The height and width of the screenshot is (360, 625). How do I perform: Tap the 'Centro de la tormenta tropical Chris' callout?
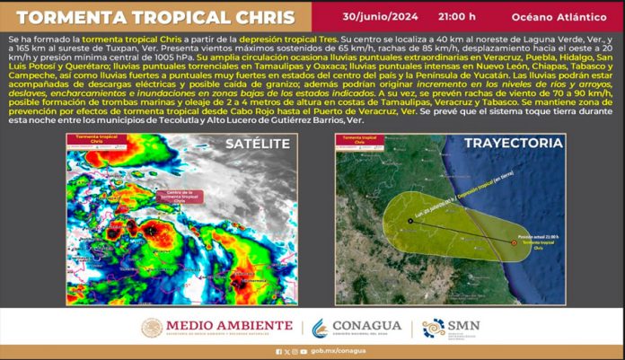tap(177, 195)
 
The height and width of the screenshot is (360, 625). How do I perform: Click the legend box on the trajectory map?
tap(357, 141)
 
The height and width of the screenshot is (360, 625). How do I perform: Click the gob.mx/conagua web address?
tap(323, 351)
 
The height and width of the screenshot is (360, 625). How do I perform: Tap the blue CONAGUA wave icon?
tap(319, 328)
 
